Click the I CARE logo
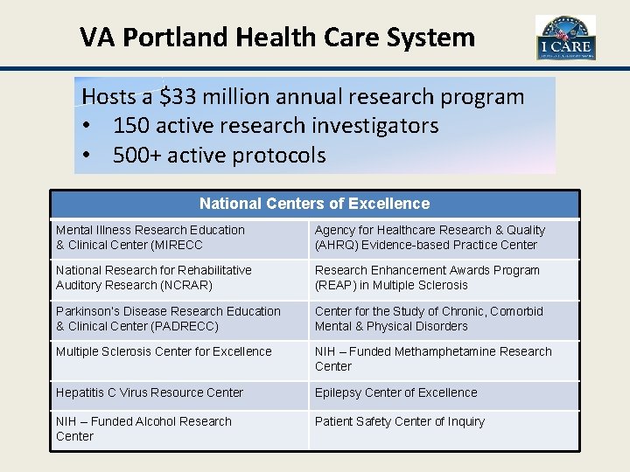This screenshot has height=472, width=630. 565,38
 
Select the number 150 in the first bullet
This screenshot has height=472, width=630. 131,126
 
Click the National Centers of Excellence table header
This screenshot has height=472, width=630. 314,204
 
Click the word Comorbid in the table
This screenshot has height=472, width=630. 516,311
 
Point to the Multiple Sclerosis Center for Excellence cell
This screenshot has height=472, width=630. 164,351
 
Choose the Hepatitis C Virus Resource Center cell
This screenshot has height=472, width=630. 150,392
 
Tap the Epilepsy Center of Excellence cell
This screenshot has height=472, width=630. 396,392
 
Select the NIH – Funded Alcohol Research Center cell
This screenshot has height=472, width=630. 143,428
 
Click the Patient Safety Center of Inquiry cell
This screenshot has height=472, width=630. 400,421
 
